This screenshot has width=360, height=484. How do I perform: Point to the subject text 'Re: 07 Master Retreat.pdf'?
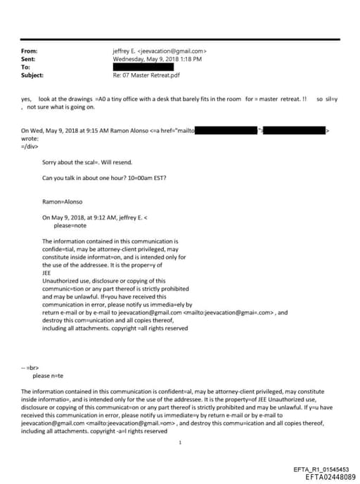pos(146,75)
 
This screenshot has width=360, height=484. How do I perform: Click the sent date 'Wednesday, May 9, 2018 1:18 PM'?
pos(157,59)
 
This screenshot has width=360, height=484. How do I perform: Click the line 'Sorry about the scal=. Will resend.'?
pos(86,162)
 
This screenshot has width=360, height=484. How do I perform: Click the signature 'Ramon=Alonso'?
pos(63,201)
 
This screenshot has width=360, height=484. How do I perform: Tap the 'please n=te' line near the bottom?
pos(56,376)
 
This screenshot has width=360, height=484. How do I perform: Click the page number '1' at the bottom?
pos(180,443)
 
